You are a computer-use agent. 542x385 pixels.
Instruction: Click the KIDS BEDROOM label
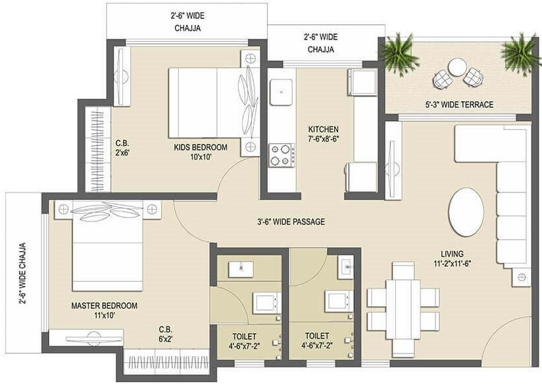(201, 147)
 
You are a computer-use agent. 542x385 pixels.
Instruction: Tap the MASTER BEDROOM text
(104, 306)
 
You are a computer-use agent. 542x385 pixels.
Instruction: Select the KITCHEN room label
(323, 129)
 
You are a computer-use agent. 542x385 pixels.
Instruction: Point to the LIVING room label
(453, 254)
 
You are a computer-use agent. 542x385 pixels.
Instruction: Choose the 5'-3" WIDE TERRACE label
(459, 104)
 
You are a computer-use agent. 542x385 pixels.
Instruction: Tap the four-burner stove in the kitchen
(281, 155)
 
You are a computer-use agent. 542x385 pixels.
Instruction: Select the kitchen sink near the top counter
(282, 89)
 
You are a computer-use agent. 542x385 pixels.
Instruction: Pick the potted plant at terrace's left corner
(399, 53)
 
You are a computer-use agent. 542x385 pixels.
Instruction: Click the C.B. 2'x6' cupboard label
(122, 147)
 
